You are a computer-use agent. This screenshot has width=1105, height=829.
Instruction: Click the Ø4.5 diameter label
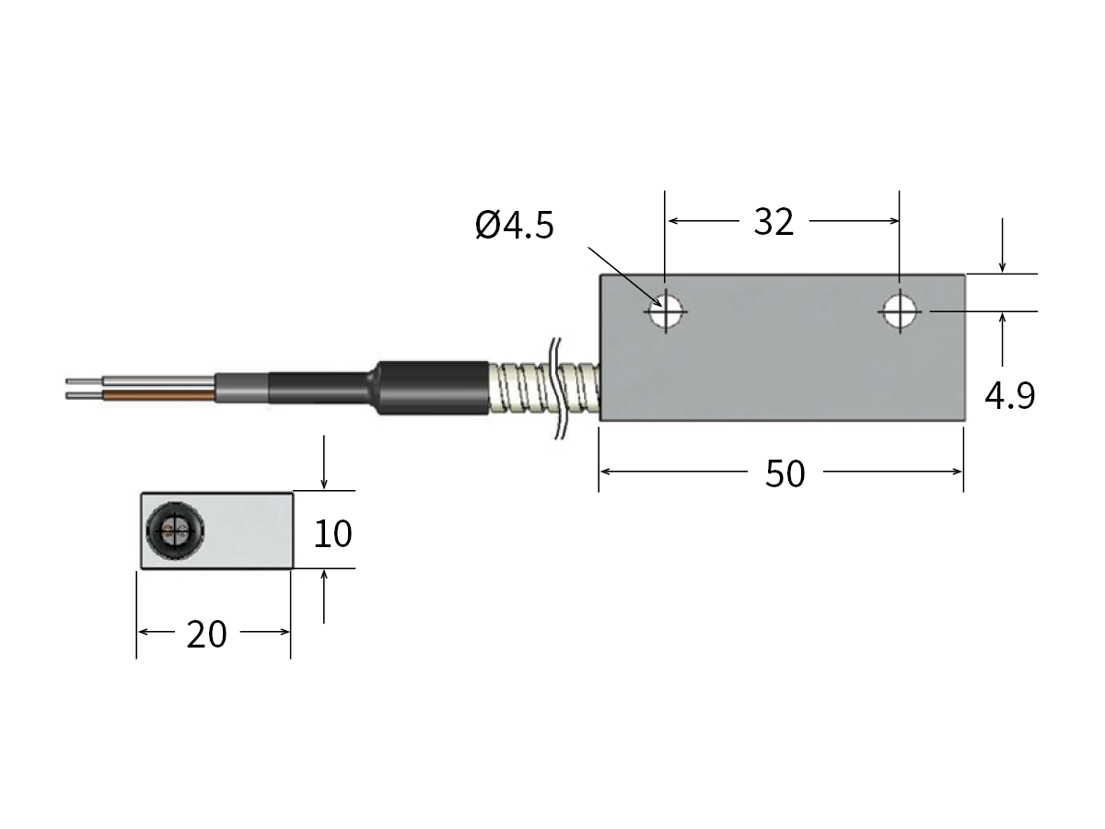(x=515, y=225)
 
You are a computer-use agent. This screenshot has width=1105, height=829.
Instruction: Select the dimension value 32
(x=773, y=222)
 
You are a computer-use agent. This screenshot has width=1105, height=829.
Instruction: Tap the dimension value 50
(x=785, y=473)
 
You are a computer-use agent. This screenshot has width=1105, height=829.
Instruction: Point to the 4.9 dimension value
(x=1009, y=396)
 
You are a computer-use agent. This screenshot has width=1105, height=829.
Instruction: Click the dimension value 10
(x=332, y=533)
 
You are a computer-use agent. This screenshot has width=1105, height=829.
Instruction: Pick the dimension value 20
(x=206, y=634)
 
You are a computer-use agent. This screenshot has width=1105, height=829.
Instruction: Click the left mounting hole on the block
(x=665, y=312)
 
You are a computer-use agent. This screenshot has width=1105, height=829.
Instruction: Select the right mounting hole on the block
(x=900, y=312)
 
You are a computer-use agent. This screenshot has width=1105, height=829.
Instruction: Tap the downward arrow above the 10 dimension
(x=324, y=474)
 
